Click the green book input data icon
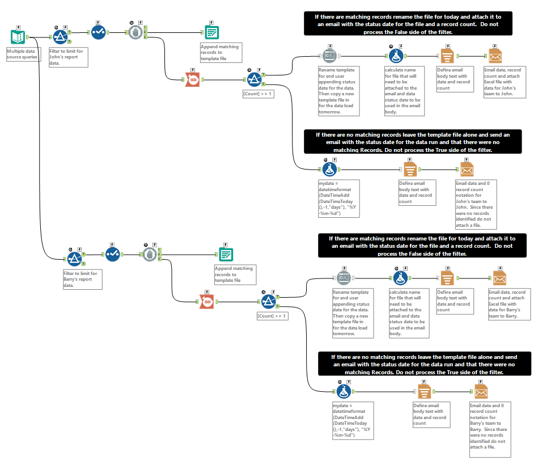pos(18,37)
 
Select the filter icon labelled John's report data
pos(60,37)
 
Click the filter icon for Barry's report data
pos(74,259)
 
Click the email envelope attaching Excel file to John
pos(495,56)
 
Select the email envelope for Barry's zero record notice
pos(481,391)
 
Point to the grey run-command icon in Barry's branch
pos(344,278)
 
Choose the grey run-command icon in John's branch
pos(329,56)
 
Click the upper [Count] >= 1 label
pos(258,94)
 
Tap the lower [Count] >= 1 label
pos(272,316)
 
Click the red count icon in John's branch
pos(193,79)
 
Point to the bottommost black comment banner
pos(424,364)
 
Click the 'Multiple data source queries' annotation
pos(23,54)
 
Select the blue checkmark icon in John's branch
pos(98,32)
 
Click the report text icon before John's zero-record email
pos(410,169)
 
